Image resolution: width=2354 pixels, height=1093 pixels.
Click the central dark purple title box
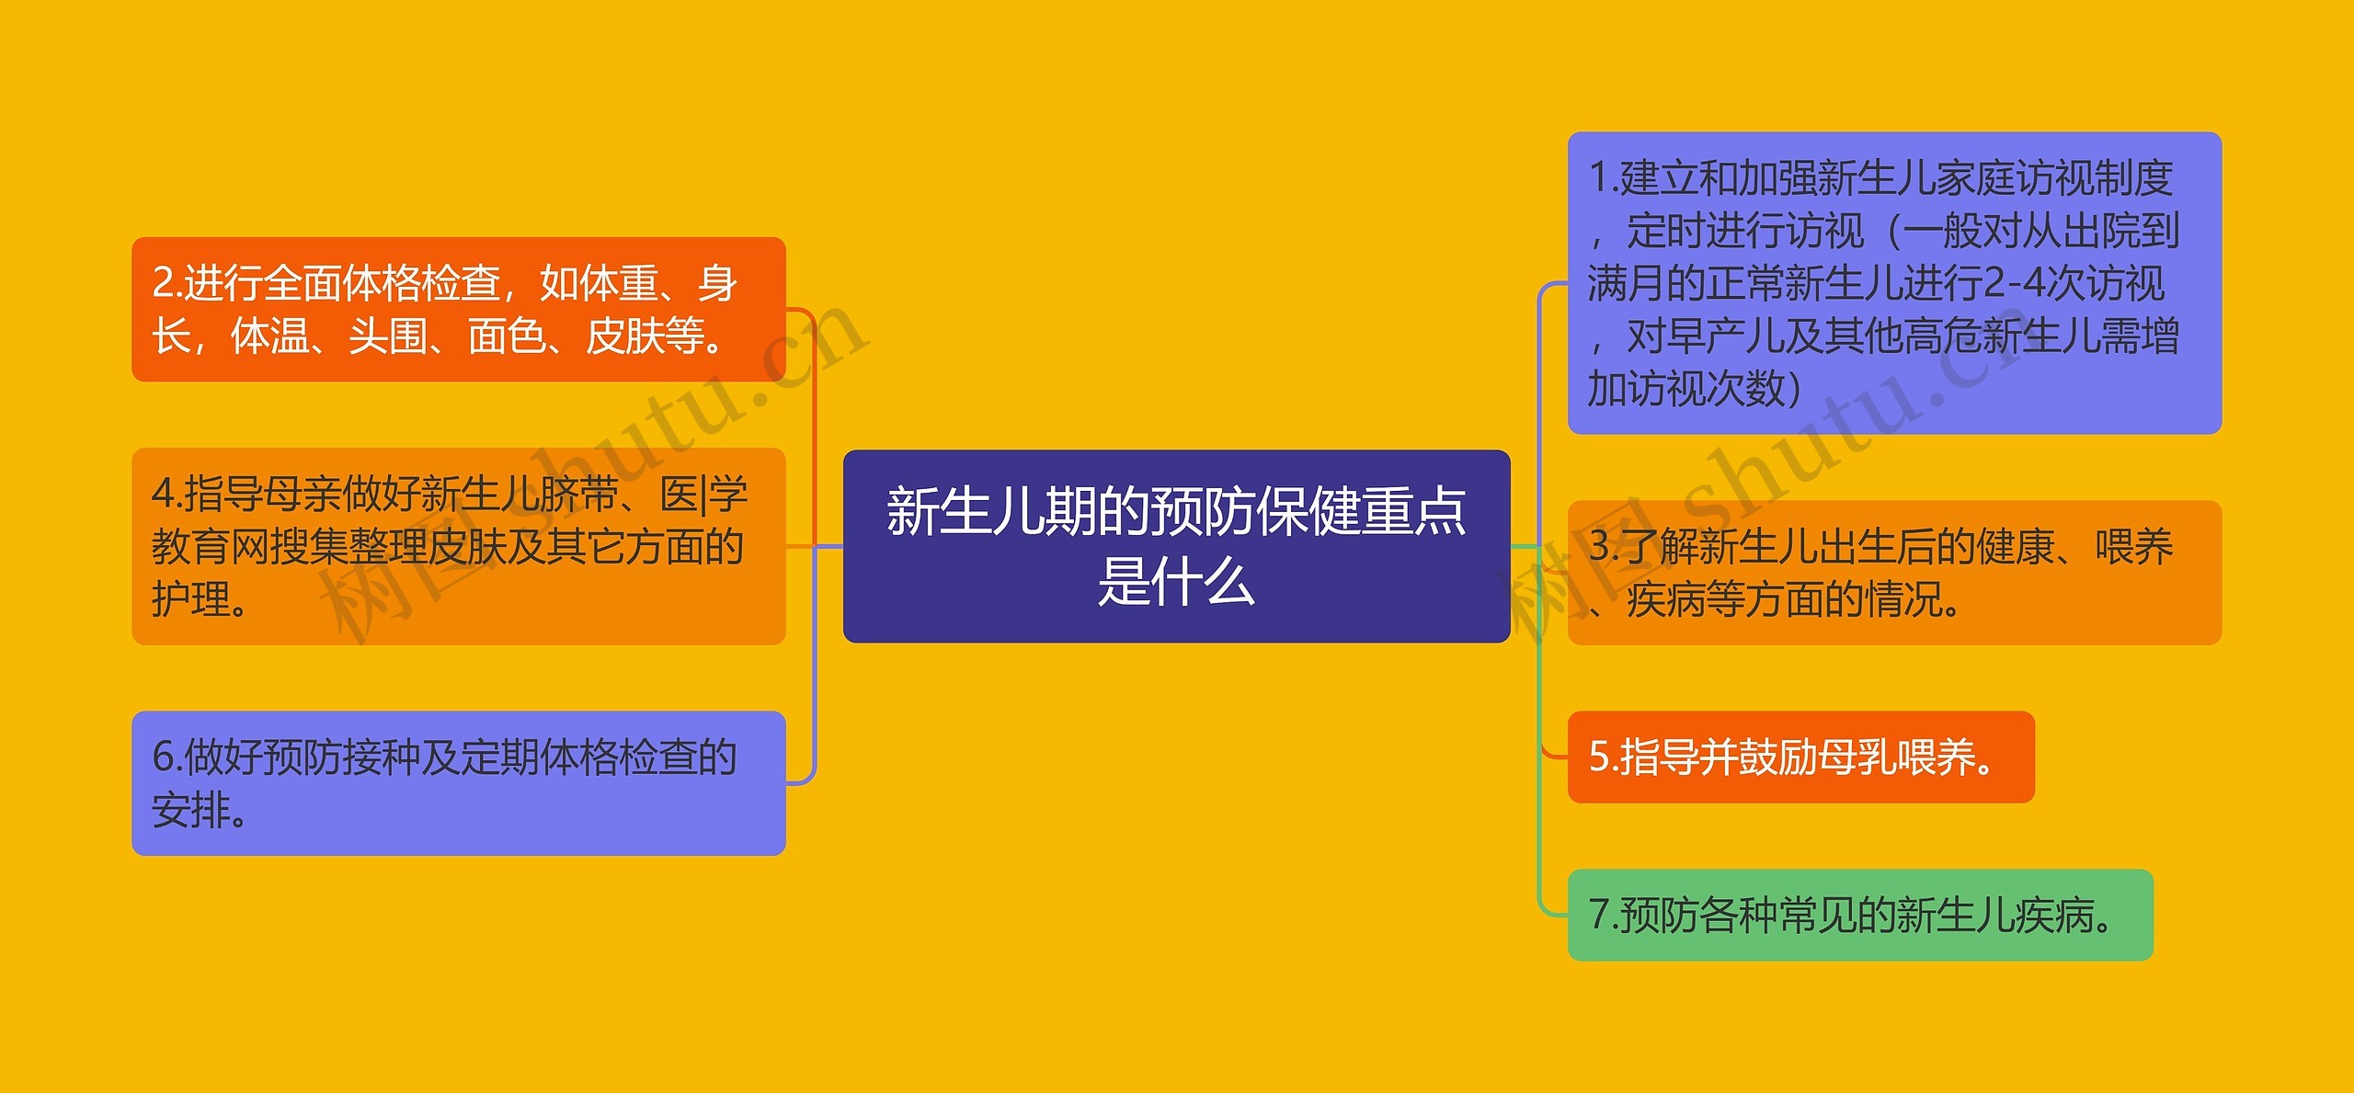1176,546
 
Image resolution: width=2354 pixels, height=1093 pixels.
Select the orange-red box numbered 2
459,309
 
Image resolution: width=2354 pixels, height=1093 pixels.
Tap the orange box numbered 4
459,546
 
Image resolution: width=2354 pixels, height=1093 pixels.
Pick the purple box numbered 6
459,783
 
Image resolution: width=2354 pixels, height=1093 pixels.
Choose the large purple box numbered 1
1894,283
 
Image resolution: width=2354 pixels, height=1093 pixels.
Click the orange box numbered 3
1894,573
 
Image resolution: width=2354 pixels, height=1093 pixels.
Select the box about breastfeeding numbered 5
1800,757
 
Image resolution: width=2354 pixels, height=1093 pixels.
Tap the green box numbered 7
1860,915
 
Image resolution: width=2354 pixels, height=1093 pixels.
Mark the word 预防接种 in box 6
302,757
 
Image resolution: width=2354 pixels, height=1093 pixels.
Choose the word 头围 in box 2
388,336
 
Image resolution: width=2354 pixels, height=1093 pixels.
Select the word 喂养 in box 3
2134,546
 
